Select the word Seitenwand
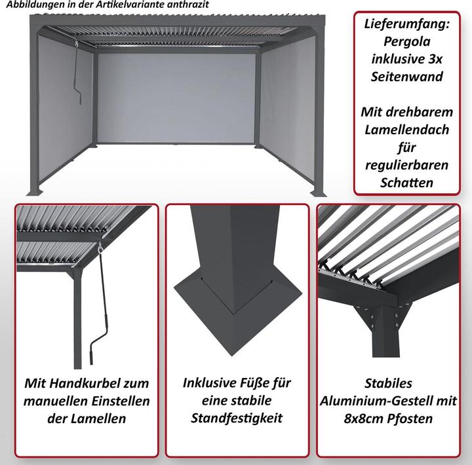pyautogui.click(x=406, y=77)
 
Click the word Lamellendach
pyautogui.click(x=406, y=130)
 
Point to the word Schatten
pyautogui.click(x=406, y=183)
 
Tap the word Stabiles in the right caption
pyautogui.click(x=392, y=383)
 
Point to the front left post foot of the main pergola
pyautogui.click(x=36, y=191)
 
